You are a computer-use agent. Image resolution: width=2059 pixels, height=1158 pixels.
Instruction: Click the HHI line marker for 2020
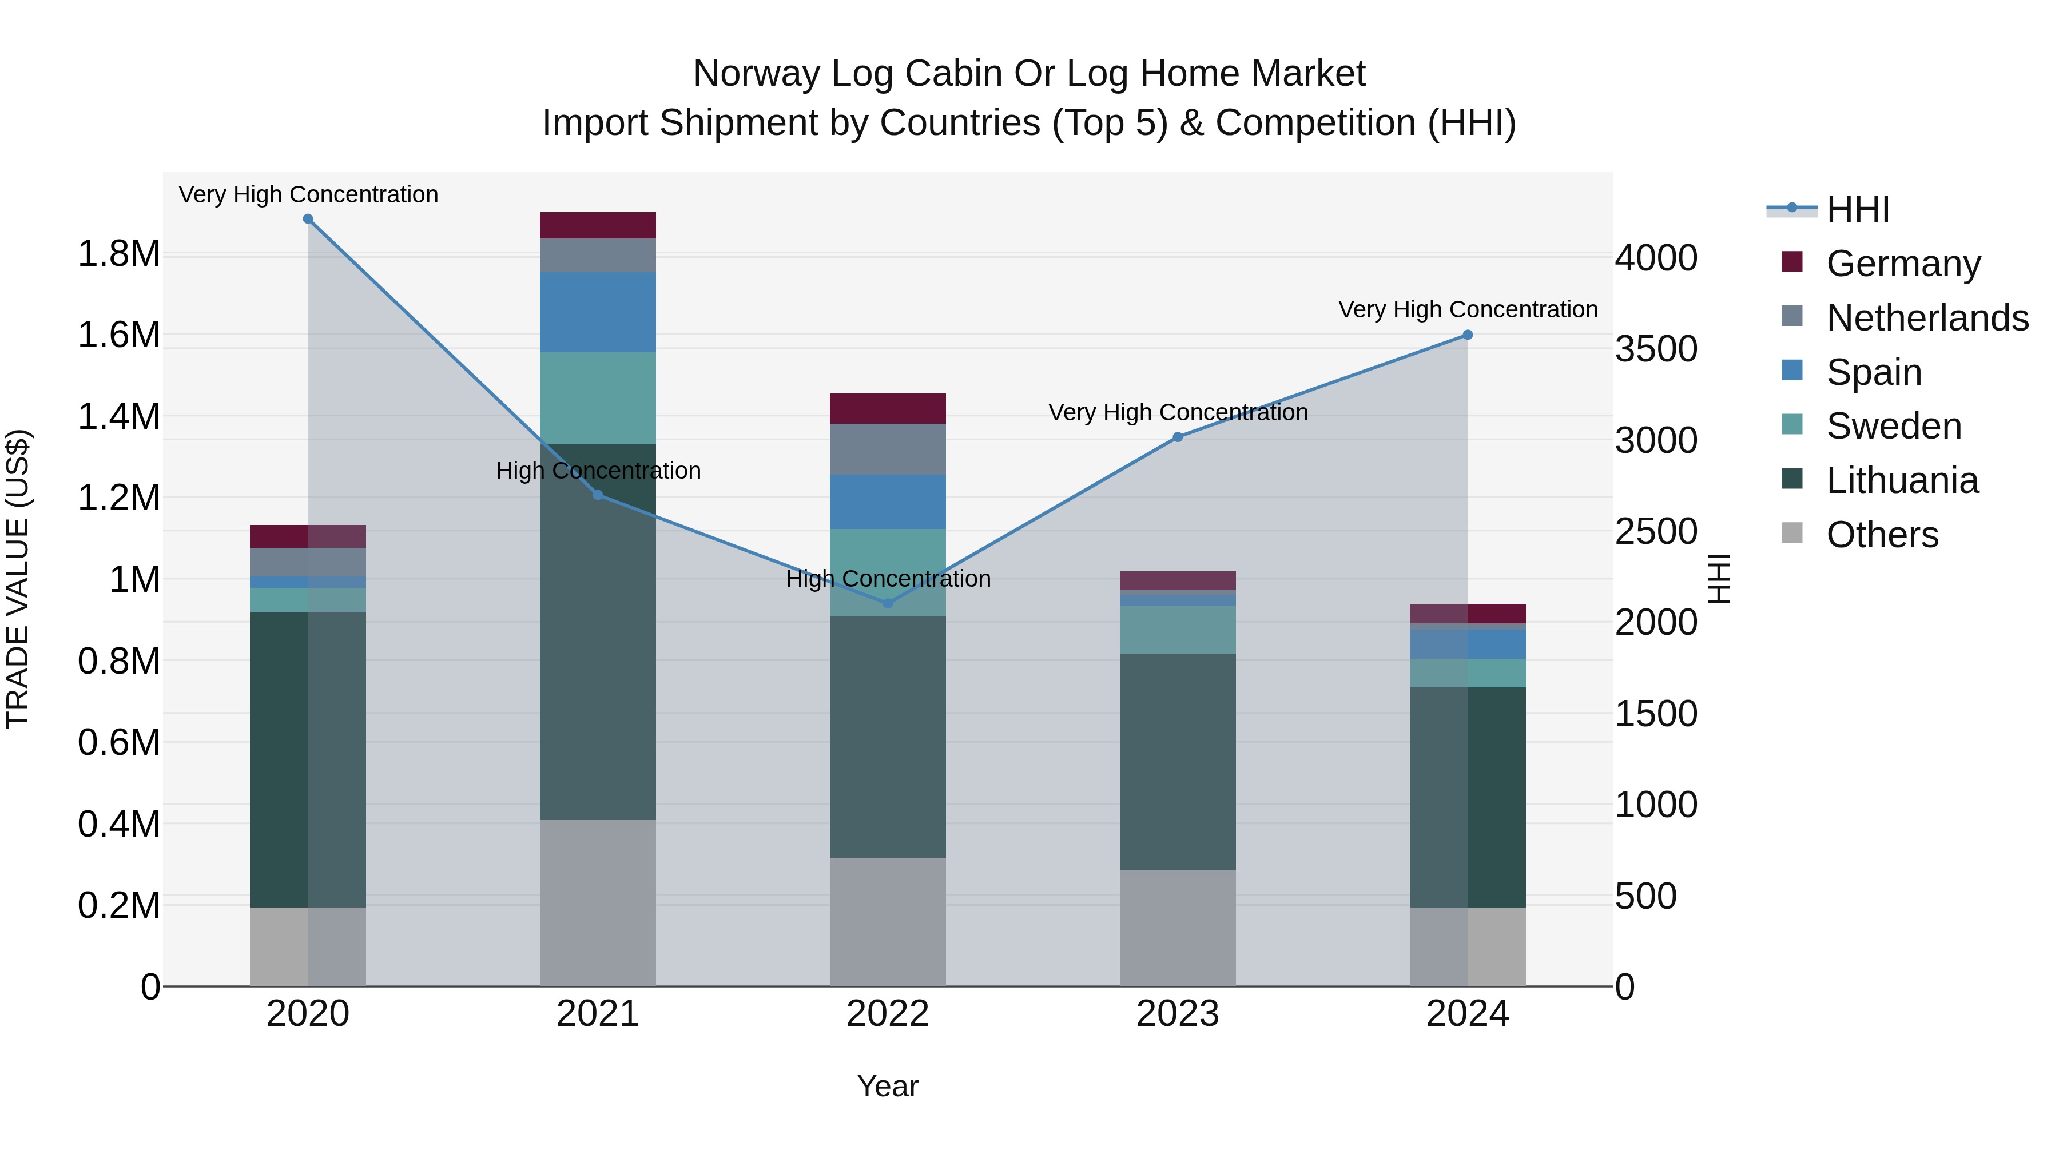pyautogui.click(x=308, y=219)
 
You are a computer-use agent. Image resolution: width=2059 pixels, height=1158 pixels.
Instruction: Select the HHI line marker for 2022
pyautogui.click(x=887, y=603)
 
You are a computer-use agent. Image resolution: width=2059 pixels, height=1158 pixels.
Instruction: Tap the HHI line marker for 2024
pyautogui.click(x=1468, y=335)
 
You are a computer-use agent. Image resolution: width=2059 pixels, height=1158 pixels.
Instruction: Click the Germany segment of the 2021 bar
pyautogui.click(x=598, y=225)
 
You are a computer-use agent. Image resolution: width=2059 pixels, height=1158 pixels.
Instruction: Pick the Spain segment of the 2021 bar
pyautogui.click(x=598, y=312)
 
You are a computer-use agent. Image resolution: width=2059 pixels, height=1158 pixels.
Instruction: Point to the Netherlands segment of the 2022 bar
pyautogui.click(x=887, y=449)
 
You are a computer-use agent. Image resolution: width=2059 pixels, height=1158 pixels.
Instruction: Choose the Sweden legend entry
pyautogui.click(x=1894, y=426)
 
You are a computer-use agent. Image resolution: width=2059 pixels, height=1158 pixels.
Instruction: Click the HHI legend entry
pyautogui.click(x=1858, y=209)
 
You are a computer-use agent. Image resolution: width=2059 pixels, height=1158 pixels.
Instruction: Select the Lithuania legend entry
pyautogui.click(x=1902, y=480)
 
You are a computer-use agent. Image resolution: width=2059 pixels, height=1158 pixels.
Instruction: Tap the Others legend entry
pyautogui.click(x=1882, y=535)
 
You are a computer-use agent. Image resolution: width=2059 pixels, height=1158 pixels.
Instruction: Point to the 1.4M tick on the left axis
pyautogui.click(x=119, y=416)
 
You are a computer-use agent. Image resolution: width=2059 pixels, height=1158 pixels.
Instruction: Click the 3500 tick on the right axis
pyautogui.click(x=1656, y=349)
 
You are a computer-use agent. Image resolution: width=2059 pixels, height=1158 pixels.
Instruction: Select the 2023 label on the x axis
pyautogui.click(x=1178, y=1014)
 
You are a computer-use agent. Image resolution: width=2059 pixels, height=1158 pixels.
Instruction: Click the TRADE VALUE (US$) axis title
pyautogui.click(x=18, y=579)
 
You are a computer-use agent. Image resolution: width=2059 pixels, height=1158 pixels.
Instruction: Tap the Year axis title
pyautogui.click(x=887, y=1086)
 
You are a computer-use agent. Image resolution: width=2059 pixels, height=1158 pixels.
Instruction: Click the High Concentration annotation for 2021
pyautogui.click(x=598, y=471)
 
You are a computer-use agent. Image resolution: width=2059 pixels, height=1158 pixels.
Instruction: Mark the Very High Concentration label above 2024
pyautogui.click(x=1468, y=309)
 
